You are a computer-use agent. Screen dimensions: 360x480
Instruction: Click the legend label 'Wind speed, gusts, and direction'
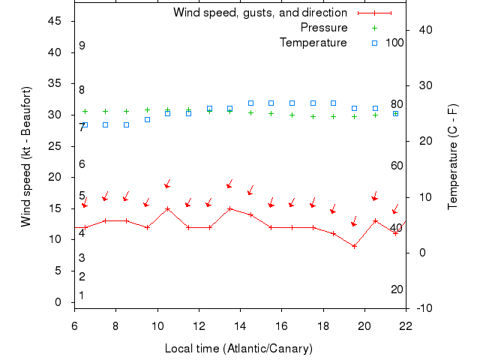(260, 13)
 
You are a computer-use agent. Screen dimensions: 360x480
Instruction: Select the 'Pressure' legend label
(324, 28)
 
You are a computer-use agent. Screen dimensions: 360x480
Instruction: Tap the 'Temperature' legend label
(313, 43)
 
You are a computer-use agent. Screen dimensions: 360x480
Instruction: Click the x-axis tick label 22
(406, 326)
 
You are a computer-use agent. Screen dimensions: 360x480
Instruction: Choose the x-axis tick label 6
(74, 326)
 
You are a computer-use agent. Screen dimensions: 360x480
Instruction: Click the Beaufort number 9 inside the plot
(82, 46)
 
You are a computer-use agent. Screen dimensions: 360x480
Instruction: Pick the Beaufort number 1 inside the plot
(82, 295)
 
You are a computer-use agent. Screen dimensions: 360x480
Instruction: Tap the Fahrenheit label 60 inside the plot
(397, 166)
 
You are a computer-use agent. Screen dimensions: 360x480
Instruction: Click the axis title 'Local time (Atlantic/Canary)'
(238, 349)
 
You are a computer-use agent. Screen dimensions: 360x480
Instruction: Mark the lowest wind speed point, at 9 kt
(354, 246)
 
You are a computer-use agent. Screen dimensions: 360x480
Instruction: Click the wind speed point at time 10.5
(167, 208)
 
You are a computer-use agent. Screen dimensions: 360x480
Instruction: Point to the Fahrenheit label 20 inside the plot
(397, 289)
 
